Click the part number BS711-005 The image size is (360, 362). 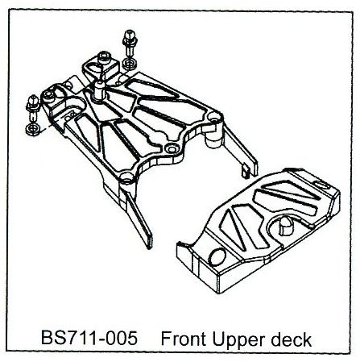89,338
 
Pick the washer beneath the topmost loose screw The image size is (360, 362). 129,64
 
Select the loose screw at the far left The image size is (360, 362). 33,108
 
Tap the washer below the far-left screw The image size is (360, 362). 33,129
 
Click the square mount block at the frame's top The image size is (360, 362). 100,67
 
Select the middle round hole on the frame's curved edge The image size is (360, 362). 171,148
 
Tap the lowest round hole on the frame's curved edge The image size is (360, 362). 126,177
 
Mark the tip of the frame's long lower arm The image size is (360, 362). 149,246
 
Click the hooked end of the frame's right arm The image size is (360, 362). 246,173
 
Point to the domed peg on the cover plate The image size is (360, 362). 285,225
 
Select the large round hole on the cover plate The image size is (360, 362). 217,257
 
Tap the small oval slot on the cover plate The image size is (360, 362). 322,185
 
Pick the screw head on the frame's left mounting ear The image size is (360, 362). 48,94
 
